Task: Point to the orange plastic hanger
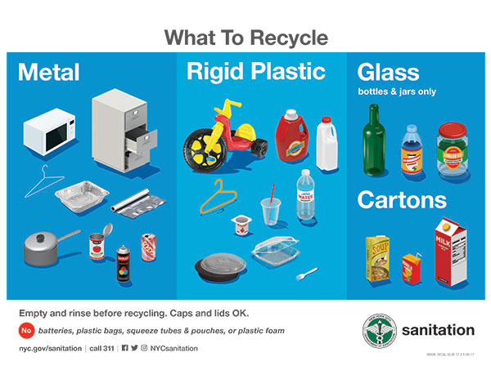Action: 217,196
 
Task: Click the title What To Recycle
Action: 245,38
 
